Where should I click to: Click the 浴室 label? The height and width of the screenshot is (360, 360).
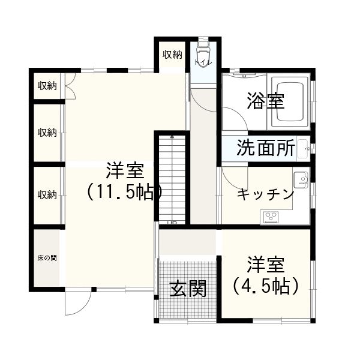tap(265, 101)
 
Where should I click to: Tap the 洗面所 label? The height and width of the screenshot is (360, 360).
tap(265, 148)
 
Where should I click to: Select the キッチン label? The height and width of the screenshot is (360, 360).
tap(265, 194)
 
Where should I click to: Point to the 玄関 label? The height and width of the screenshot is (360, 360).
tap(188, 289)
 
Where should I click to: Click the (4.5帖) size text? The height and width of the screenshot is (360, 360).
tap(265, 286)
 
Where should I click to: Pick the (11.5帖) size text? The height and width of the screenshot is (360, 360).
tap(125, 192)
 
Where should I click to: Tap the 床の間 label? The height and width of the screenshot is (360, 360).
tap(47, 259)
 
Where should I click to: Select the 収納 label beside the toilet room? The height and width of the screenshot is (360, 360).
tap(172, 55)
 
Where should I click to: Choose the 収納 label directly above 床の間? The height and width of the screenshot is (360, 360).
tap(47, 194)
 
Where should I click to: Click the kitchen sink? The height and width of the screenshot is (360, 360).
tap(301, 178)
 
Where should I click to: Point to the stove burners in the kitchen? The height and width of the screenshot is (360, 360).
tap(270, 217)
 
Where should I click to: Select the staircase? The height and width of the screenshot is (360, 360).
tap(173, 179)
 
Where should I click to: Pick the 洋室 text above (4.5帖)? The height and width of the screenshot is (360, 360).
tap(265, 265)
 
